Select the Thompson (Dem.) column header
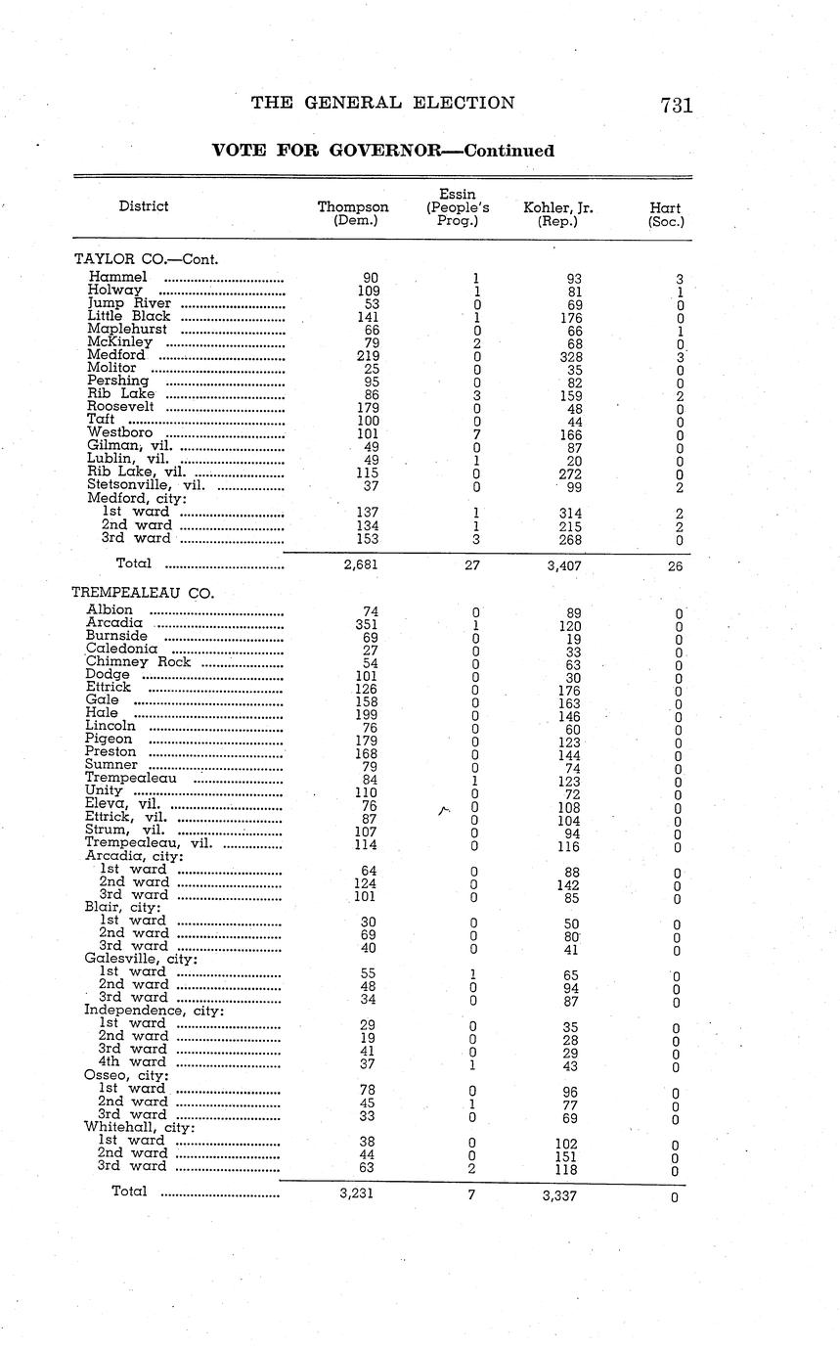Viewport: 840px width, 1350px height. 353,214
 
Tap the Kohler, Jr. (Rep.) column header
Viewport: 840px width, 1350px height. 558,214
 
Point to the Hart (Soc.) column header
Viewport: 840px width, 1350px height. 666,214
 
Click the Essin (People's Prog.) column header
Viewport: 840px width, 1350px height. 458,207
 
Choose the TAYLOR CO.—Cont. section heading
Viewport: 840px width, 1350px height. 146,259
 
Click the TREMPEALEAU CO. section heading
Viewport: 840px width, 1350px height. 143,593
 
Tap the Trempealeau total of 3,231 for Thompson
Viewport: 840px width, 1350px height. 355,1193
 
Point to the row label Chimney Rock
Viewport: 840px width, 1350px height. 138,661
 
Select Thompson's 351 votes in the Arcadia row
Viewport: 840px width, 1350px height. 366,624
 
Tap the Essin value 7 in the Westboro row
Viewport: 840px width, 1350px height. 474,433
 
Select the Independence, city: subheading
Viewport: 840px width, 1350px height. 154,1010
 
